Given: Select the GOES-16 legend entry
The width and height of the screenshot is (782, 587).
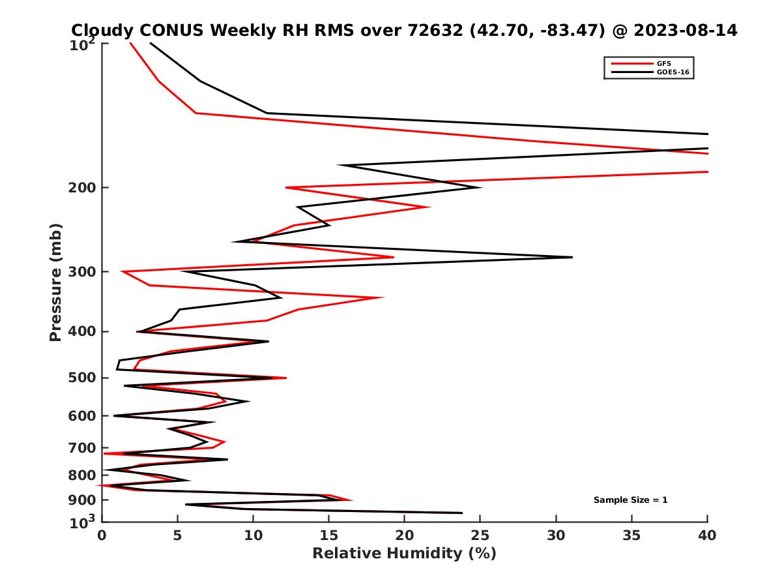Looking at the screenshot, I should (x=671, y=72).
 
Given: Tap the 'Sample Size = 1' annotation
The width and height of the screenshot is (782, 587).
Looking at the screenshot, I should (x=630, y=500).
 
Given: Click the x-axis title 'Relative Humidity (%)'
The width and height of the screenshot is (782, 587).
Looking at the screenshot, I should (x=404, y=554).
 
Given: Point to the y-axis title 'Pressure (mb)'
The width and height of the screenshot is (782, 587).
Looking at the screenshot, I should (x=55, y=282).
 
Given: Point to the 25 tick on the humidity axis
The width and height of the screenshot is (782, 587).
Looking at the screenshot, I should (x=480, y=535).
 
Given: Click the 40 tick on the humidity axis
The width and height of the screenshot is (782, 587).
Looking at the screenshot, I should (x=707, y=535).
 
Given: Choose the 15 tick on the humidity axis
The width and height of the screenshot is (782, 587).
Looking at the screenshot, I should (x=328, y=535).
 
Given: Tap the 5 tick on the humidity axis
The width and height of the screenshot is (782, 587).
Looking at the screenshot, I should (x=177, y=535).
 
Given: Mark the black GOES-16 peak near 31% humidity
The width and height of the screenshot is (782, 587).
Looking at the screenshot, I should (x=572, y=257).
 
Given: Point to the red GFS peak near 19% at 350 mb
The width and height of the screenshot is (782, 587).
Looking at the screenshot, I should (x=383, y=297).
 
